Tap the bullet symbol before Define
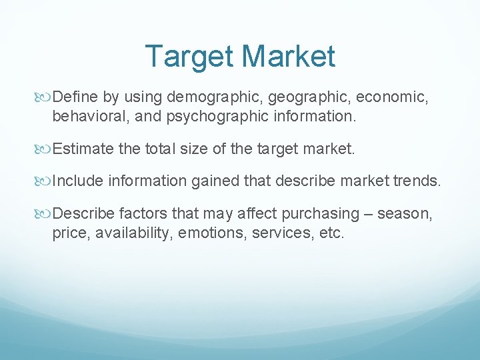45,97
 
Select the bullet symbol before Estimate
45,148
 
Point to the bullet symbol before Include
45,181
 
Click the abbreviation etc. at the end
331,233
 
